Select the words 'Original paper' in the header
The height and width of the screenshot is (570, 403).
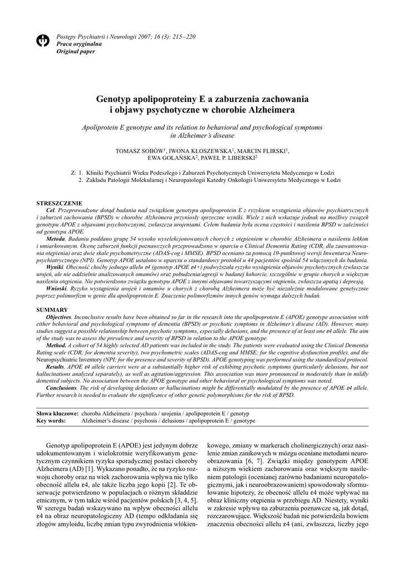click(76, 51)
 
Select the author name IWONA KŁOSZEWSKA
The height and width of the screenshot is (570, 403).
click(202, 151)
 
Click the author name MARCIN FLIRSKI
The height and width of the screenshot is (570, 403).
click(262, 151)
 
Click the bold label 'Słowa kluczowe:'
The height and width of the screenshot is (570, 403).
click(56, 414)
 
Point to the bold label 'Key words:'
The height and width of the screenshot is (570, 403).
click(51, 421)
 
